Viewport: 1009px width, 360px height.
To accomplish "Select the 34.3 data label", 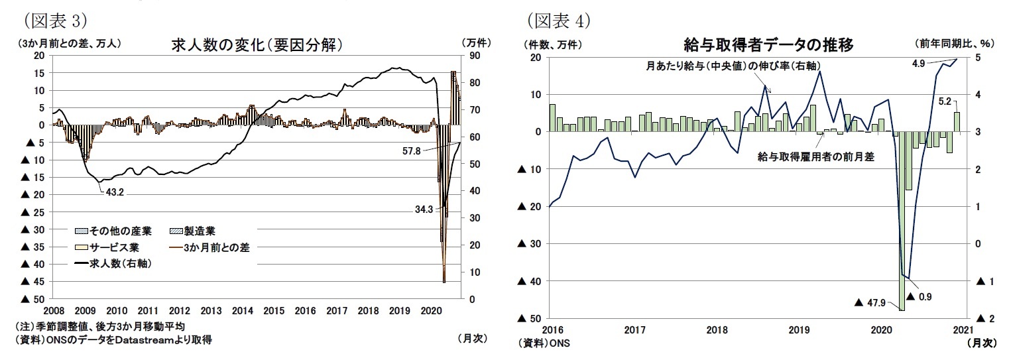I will (x=423, y=210).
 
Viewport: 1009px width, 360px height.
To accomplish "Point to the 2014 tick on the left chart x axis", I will (x=243, y=310).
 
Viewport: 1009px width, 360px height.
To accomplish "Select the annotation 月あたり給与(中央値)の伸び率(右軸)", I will (x=713, y=66).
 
